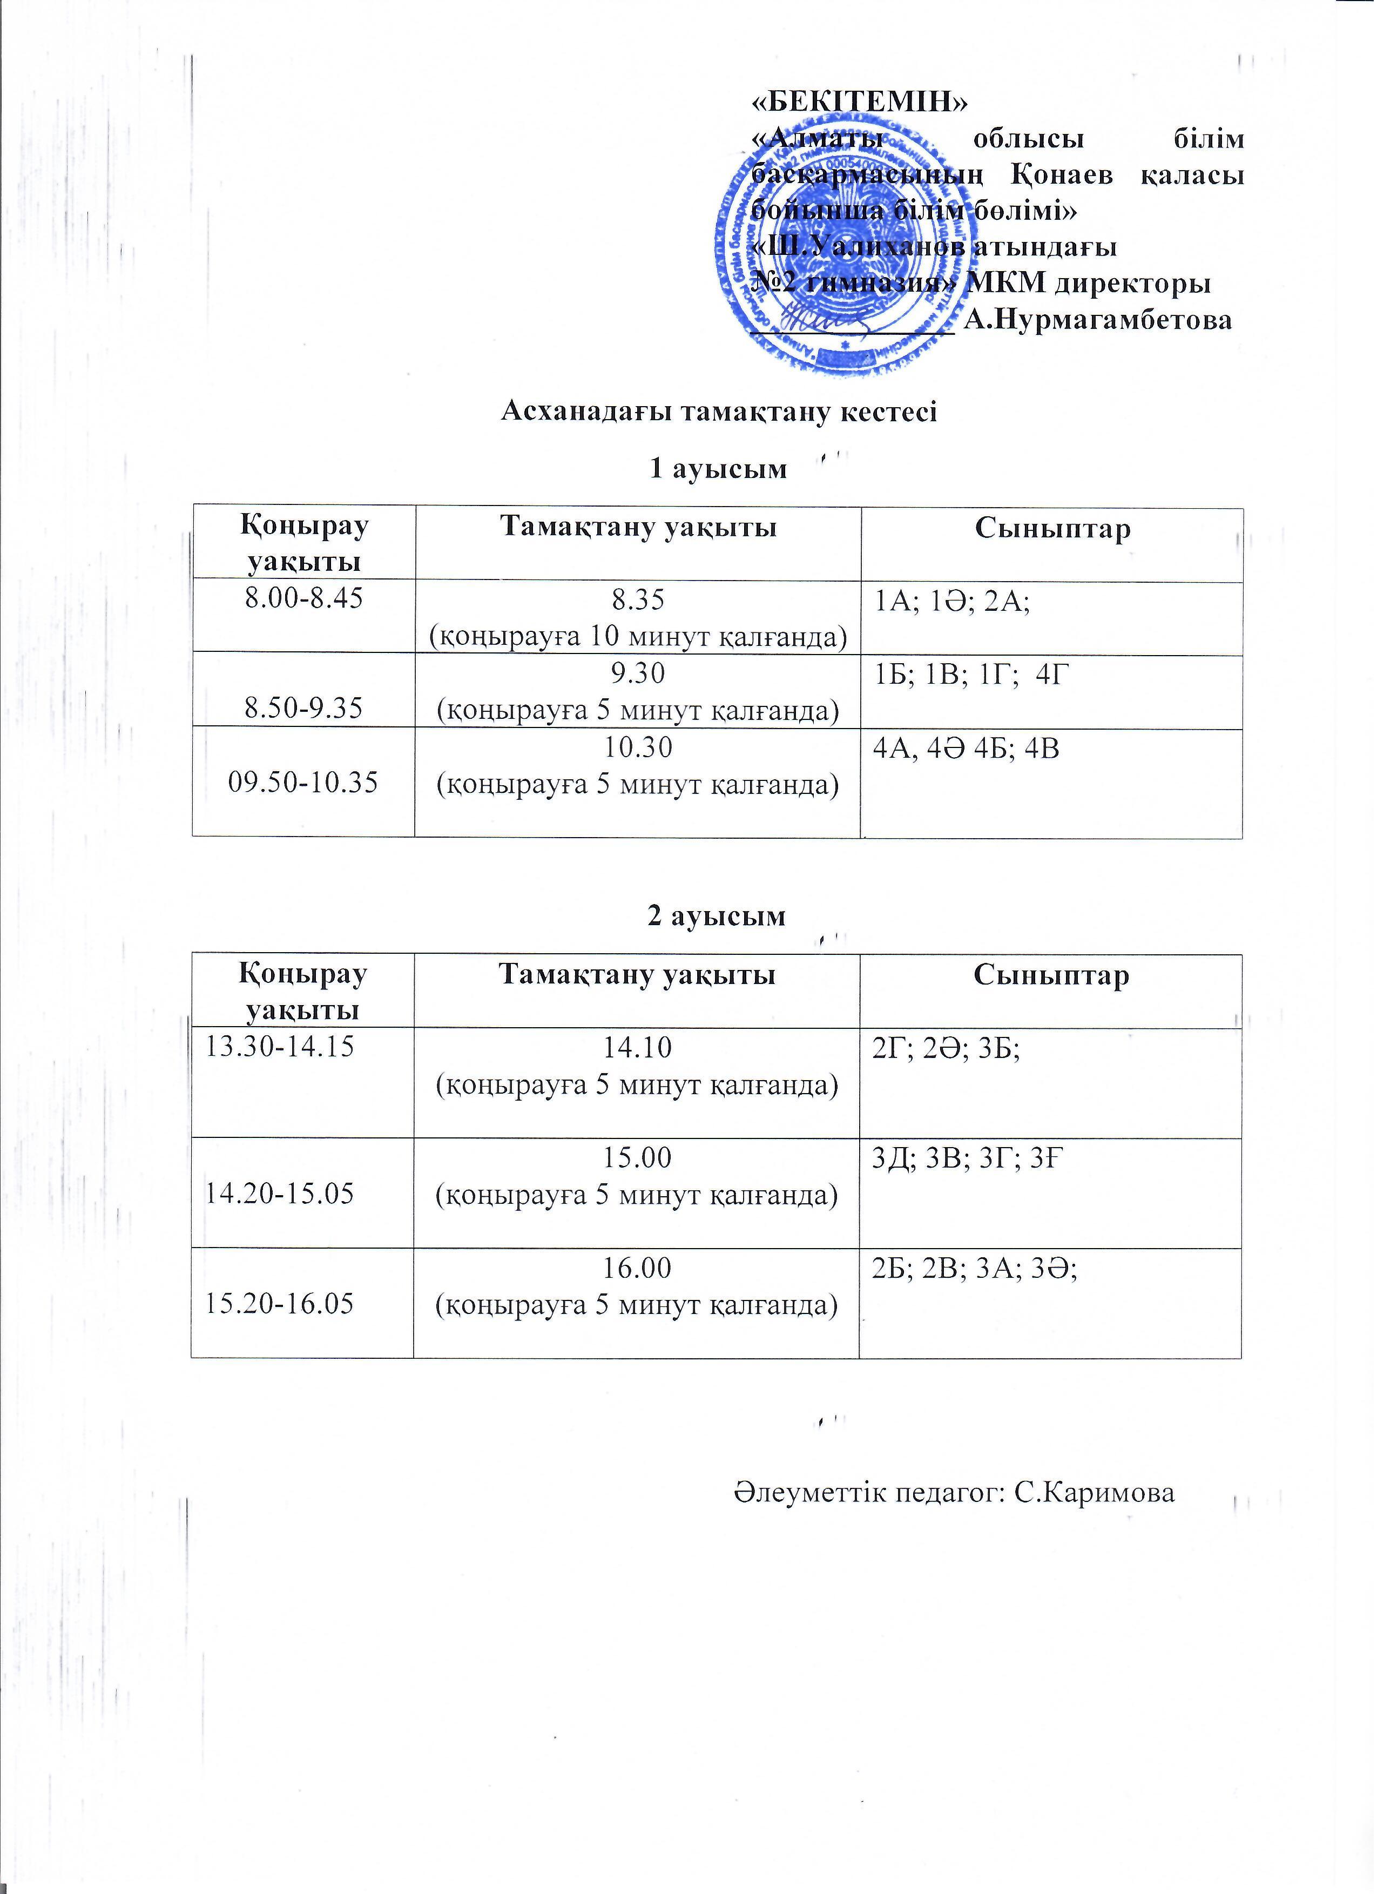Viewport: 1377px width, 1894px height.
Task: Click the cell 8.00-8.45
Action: point(303,599)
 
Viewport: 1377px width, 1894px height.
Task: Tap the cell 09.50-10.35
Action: point(303,783)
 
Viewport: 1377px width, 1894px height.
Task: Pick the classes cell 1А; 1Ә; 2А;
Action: point(951,601)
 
